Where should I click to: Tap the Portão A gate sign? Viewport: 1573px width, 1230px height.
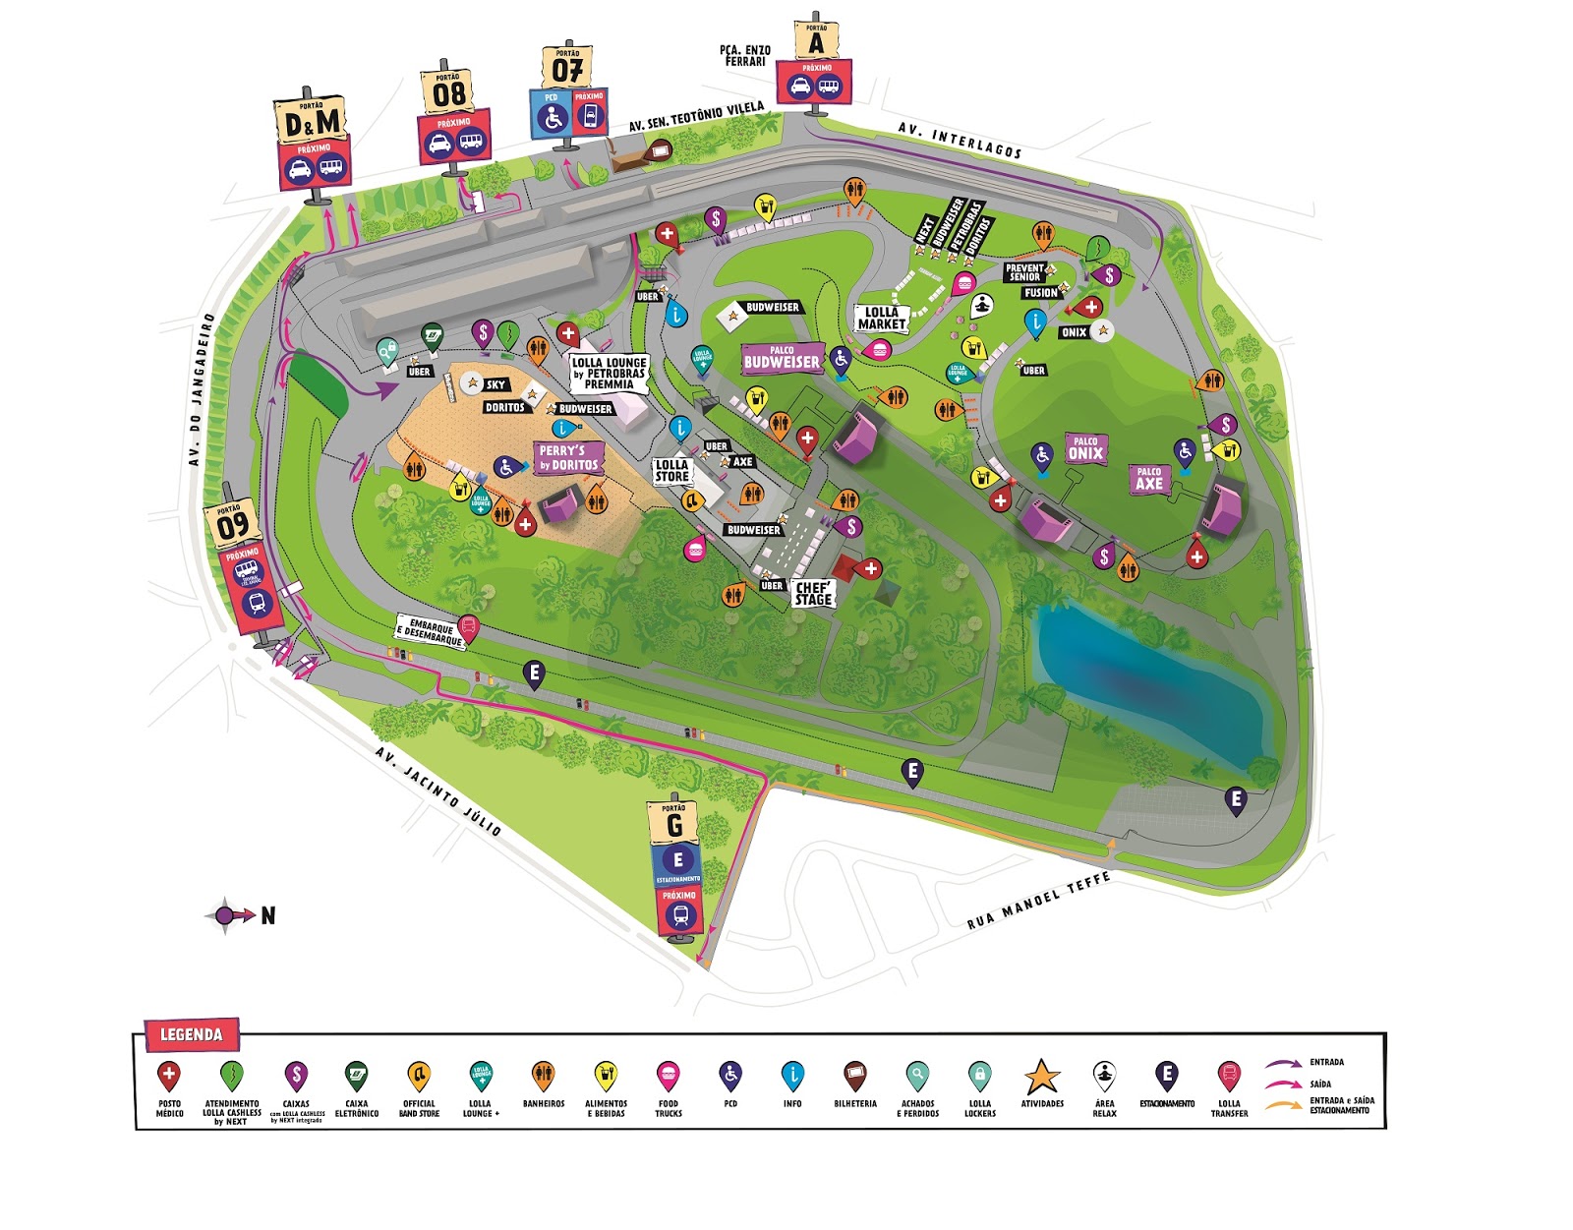coord(815,41)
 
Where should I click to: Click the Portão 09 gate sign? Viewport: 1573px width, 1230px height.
coord(232,525)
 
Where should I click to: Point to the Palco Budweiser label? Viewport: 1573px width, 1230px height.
coord(782,358)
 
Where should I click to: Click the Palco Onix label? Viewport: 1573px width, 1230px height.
coord(1085,448)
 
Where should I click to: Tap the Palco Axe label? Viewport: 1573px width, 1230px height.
coord(1148,479)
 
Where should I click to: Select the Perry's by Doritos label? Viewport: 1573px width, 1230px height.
coord(568,457)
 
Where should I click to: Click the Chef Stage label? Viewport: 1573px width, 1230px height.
coord(813,593)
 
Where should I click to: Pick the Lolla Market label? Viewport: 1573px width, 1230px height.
coord(881,318)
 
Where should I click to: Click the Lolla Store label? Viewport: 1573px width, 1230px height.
coord(672,470)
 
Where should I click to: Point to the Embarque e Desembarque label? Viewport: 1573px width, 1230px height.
coord(430,631)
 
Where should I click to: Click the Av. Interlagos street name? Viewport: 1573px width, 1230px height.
coord(960,141)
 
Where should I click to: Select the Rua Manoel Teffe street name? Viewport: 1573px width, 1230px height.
coord(1038,901)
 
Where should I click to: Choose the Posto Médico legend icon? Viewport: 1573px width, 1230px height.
coord(169,1075)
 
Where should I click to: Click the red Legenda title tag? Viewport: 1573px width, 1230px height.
coord(192,1034)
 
